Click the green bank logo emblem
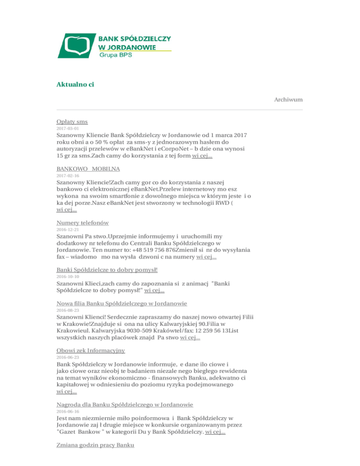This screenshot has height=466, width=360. point(76,46)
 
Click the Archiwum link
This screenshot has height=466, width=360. point(288,99)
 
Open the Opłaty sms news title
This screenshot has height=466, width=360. point(69,121)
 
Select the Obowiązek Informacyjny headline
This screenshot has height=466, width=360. point(90,350)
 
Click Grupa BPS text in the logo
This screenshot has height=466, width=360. point(115,55)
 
